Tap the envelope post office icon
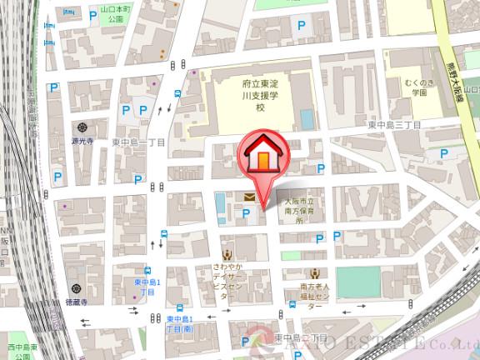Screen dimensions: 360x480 coord(249,197)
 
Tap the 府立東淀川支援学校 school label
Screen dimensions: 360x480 coord(259,97)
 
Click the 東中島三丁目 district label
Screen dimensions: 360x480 coord(394,124)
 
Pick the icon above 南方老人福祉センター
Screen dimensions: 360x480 coord(315,273)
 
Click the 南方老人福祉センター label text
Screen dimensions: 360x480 coord(316,294)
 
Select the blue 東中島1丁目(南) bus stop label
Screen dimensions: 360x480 coord(179,325)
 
